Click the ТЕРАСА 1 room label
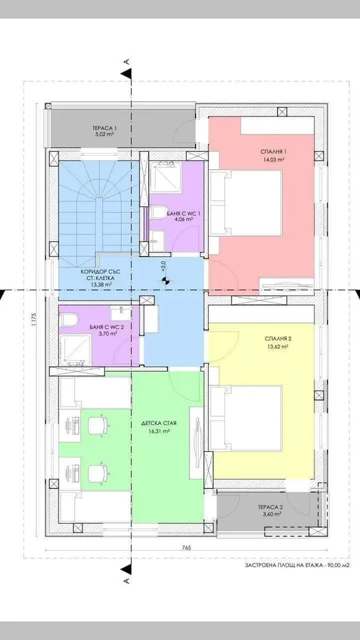(x=102, y=127)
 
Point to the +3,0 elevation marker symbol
(x=165, y=281)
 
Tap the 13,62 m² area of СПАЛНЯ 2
(x=277, y=346)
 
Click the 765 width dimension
(x=187, y=547)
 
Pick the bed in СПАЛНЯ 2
(x=246, y=418)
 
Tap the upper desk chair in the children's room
(x=98, y=426)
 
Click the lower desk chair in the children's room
(x=98, y=472)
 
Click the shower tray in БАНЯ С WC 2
(x=76, y=350)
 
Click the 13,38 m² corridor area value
(x=97, y=284)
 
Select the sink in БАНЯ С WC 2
(x=121, y=314)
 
